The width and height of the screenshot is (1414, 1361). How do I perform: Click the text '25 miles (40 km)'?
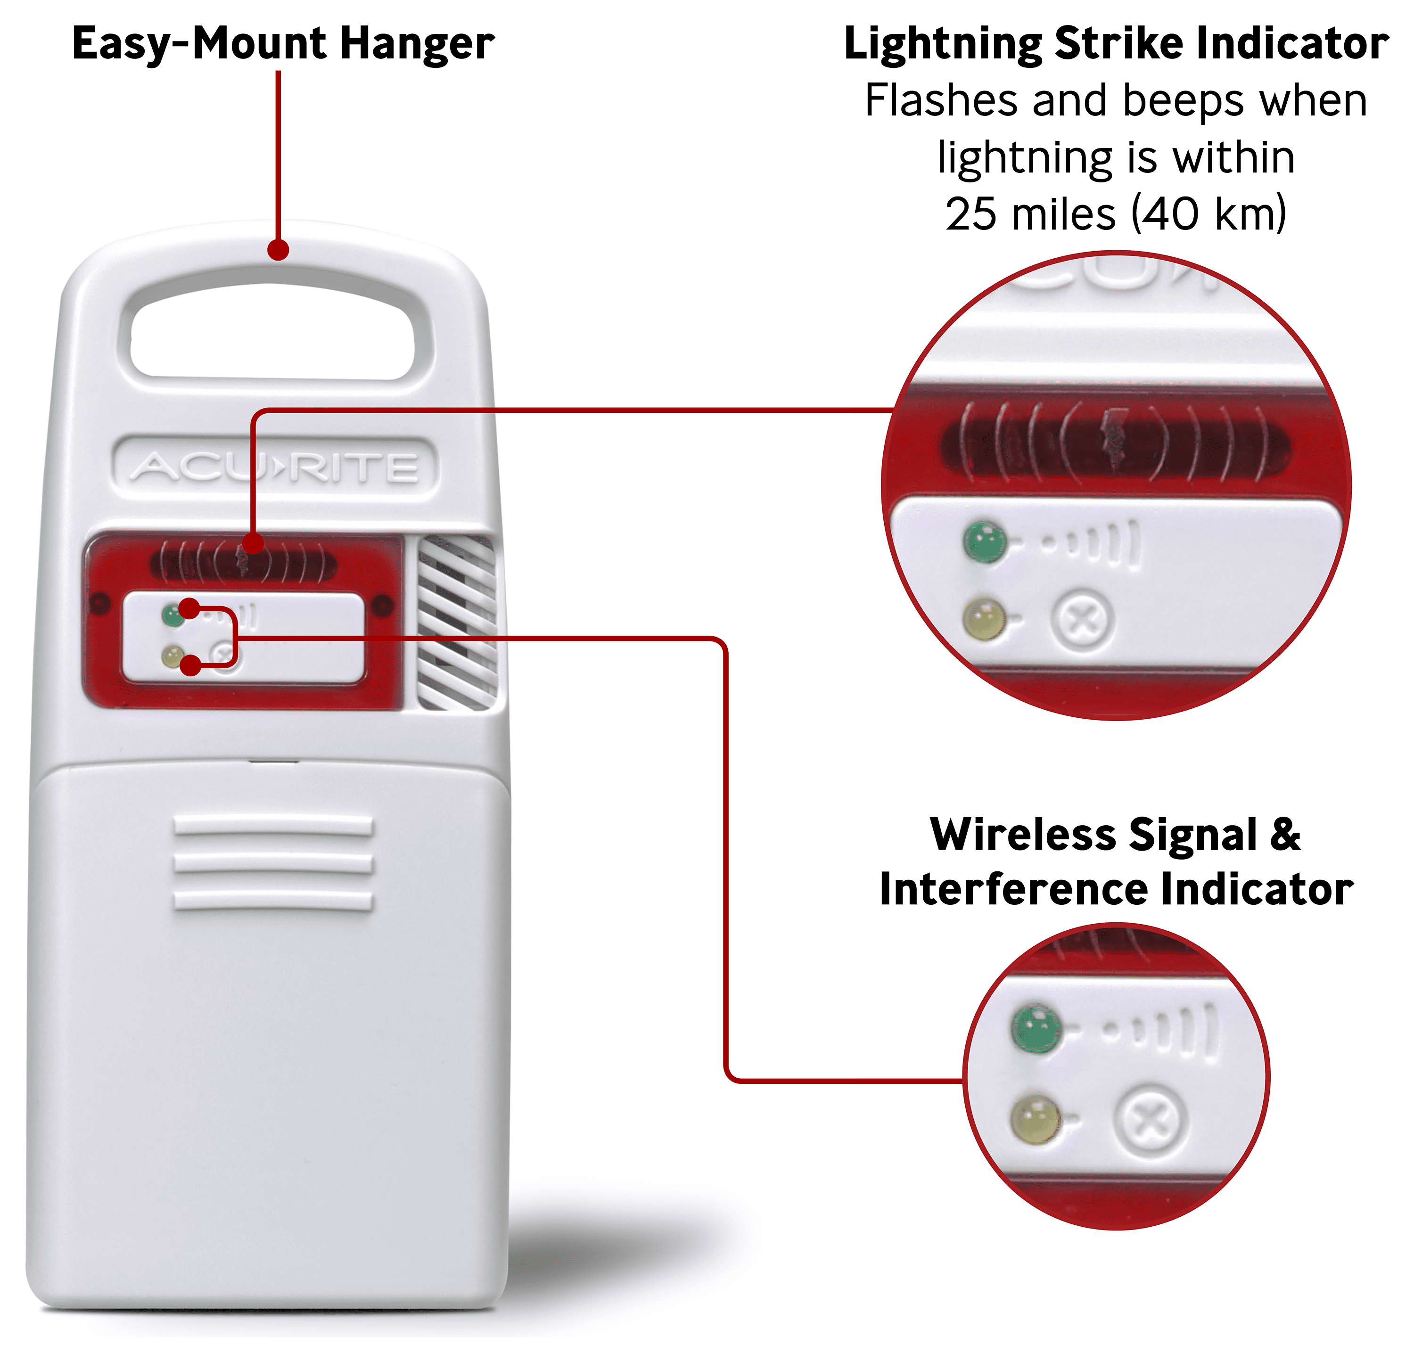coord(1116,214)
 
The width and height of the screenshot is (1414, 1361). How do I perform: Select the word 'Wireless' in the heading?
coord(1023,835)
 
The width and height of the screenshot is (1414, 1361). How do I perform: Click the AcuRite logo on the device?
coord(275,467)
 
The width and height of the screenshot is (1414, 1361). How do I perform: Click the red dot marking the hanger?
coord(279,250)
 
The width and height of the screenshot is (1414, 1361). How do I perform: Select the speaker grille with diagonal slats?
coord(457,622)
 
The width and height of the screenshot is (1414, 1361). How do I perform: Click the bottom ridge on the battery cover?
coord(273,902)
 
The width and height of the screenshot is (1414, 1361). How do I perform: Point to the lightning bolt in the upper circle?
coord(1116,440)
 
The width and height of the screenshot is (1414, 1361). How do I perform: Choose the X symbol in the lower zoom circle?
coord(1150,1122)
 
